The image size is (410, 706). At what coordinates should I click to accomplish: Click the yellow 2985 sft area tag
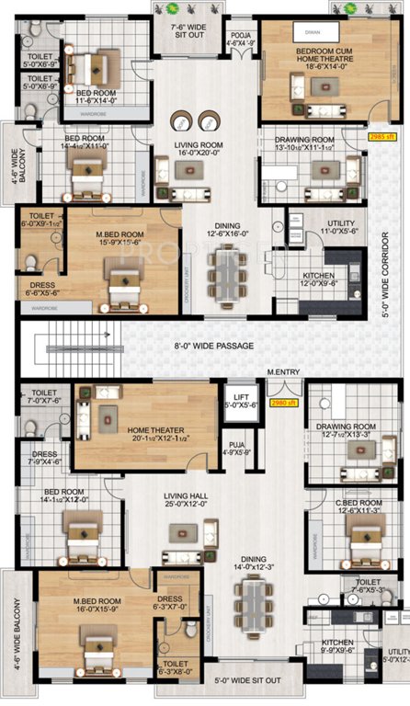[x=380, y=136]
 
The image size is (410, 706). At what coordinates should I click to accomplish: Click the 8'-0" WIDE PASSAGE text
[x=214, y=346]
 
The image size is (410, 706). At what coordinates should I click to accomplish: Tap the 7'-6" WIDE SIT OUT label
[x=190, y=32]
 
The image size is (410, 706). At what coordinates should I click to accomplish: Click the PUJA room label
[x=236, y=447]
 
